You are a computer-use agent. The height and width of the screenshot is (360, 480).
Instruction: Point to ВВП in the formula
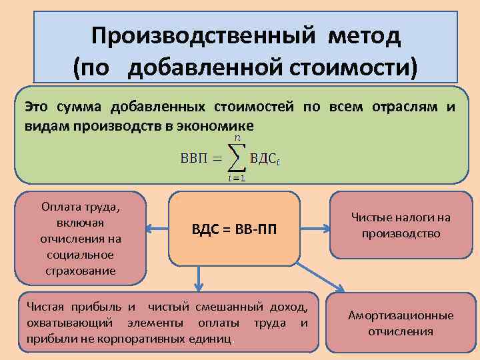coord(194,159)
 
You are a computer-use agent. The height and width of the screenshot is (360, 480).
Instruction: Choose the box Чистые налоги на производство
coord(401,225)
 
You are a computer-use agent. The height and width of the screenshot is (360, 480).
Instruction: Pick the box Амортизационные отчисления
coord(401,323)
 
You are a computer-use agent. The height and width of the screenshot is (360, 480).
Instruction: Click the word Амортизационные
coord(401,315)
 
